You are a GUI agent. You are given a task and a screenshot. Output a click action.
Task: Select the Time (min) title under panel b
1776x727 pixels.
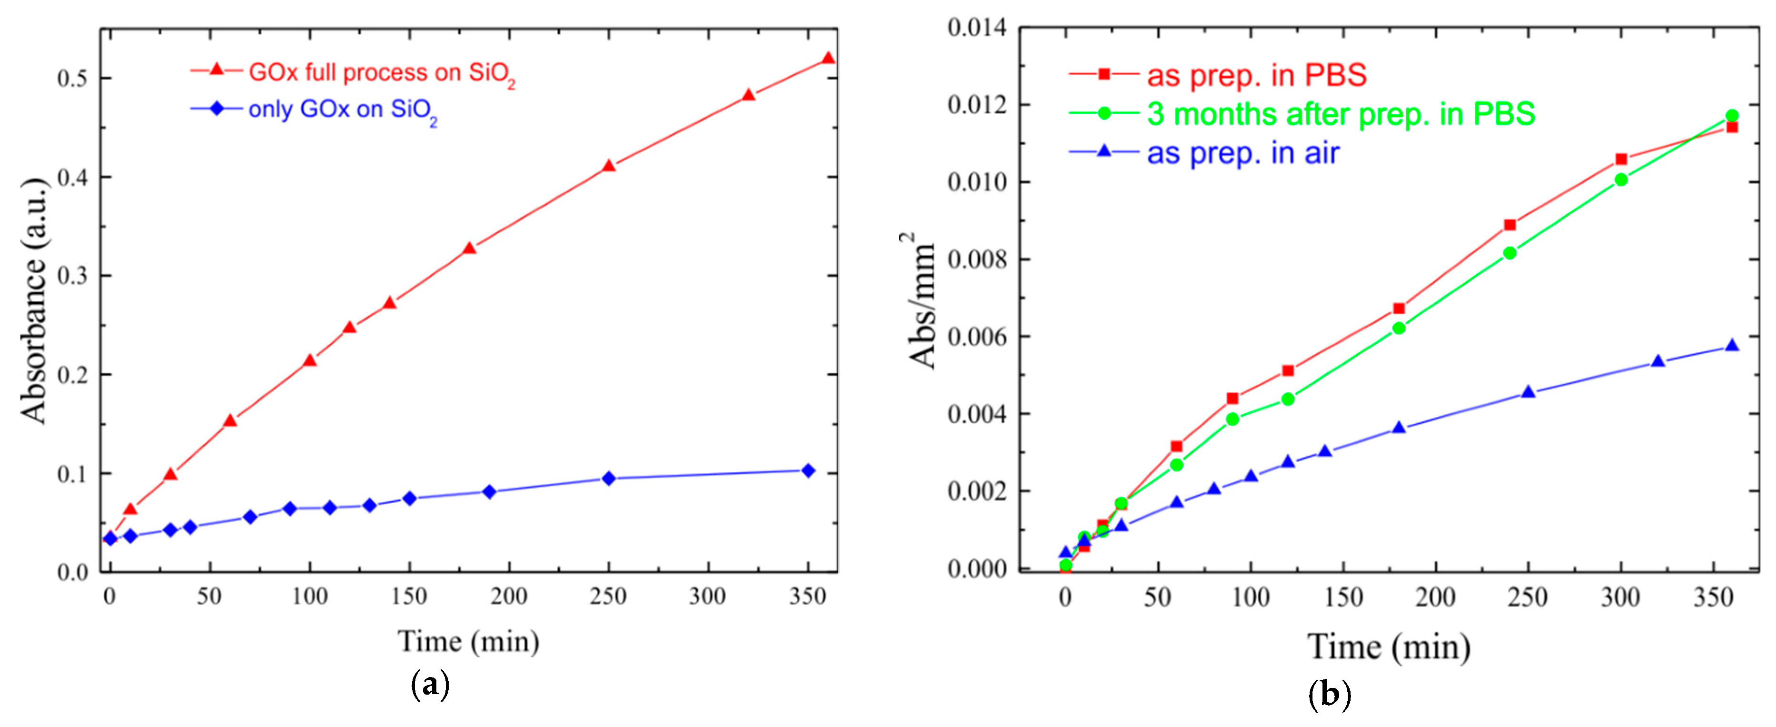pos(1389,647)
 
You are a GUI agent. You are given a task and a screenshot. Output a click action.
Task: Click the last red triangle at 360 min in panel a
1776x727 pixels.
pos(828,59)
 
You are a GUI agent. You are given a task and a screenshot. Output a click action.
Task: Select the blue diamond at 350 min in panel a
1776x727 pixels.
pos(808,470)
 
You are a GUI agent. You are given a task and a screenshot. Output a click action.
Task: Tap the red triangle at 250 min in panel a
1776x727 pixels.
pos(608,166)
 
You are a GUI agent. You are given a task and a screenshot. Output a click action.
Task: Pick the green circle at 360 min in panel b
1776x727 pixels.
pos(1732,116)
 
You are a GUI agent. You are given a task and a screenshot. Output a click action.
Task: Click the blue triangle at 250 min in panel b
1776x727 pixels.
pos(1529,392)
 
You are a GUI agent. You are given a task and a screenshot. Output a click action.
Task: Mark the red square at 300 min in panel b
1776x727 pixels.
pos(1621,159)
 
